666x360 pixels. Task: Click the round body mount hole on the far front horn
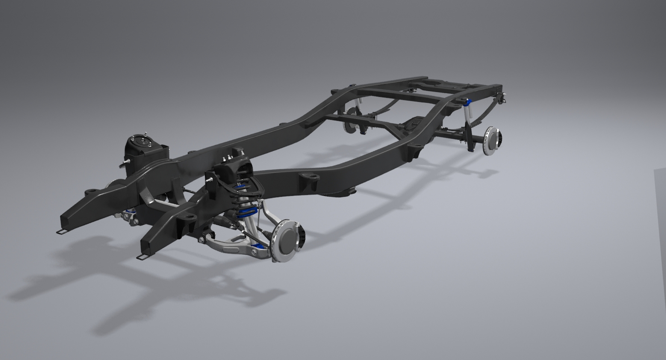91,191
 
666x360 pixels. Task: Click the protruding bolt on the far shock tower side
125,162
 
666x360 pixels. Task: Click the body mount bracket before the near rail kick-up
413,150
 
